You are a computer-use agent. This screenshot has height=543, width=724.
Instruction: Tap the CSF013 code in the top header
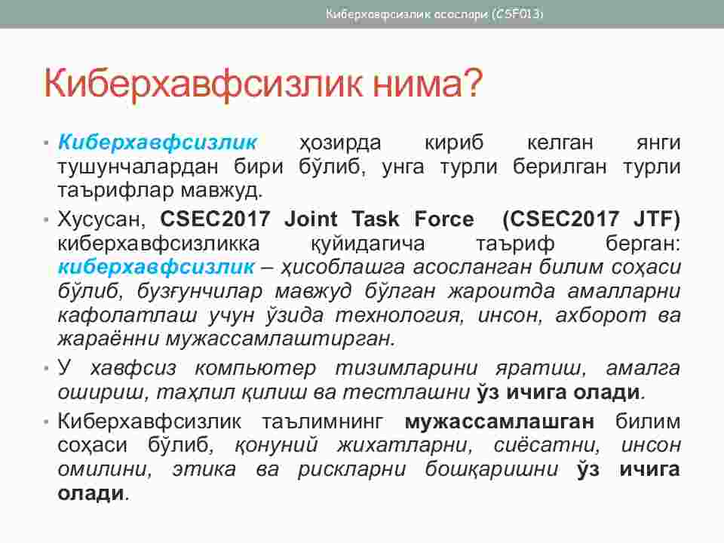[518, 14]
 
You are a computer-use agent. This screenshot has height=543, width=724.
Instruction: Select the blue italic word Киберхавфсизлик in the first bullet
[158, 143]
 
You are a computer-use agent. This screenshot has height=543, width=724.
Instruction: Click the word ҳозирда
[340, 143]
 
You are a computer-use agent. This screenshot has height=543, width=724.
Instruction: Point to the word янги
[658, 143]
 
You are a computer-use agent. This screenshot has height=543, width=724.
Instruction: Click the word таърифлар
[117, 191]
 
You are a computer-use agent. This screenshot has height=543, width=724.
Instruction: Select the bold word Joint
[311, 219]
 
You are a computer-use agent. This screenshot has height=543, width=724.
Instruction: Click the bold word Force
[444, 219]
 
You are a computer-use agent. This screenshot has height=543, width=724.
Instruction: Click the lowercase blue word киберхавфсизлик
[156, 267]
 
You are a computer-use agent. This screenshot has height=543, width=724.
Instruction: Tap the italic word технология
[398, 315]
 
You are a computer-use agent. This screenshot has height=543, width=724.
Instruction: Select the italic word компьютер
[256, 369]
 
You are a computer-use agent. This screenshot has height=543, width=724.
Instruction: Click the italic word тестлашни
[406, 392]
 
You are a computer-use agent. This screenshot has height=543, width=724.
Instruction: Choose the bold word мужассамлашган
[499, 422]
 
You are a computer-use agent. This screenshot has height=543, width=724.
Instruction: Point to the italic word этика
[204, 469]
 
